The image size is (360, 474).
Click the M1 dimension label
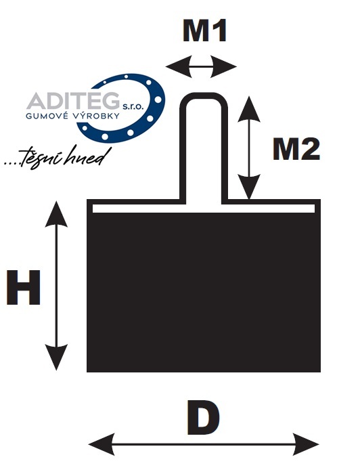click(204, 30)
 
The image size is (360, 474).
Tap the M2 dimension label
click(296, 149)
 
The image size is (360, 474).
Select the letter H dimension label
click(24, 288)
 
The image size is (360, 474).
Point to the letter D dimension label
click(203, 418)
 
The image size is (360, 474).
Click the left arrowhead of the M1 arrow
click(179, 66)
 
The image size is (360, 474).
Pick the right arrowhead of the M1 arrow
click(223, 66)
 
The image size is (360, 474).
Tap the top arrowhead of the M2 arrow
click(249, 109)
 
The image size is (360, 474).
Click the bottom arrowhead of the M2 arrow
click(249, 187)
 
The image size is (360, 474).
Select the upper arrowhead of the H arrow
click(56, 214)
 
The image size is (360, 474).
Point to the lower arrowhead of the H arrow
click(56, 358)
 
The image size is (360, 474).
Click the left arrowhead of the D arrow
click(102, 444)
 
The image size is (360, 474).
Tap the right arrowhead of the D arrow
click(306, 444)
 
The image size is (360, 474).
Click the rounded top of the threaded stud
click(204, 96)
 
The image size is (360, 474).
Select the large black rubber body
click(204, 292)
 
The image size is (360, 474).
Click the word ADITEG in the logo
click(73, 101)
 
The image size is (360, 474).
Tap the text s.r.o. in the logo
click(131, 106)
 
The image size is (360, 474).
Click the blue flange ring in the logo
click(158, 99)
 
